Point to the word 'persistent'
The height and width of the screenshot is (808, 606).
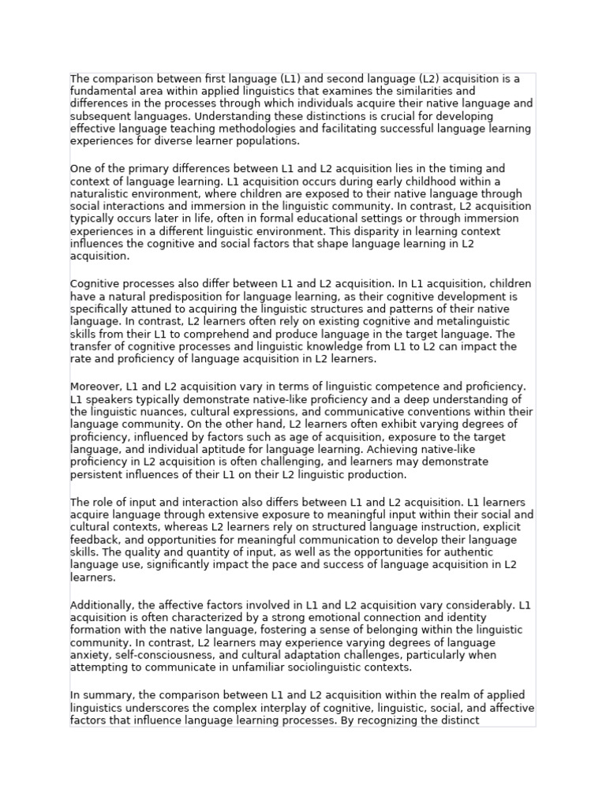pyautogui.click(x=95, y=474)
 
